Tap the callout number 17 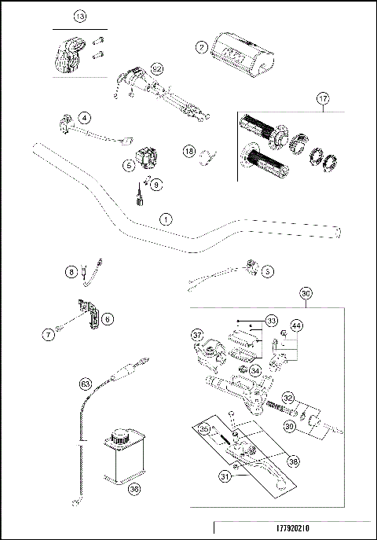tap(322, 99)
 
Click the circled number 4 tap(84, 118)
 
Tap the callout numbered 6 tap(108, 318)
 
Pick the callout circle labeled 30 tap(307, 293)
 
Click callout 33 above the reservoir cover tap(271, 321)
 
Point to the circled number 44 tap(296, 325)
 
